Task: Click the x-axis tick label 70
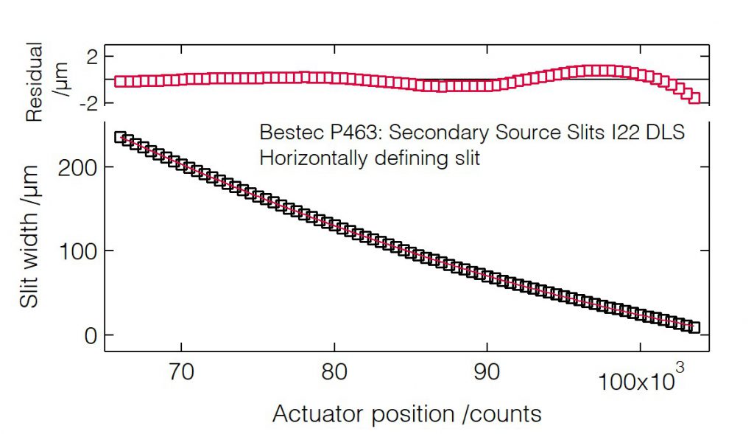click(x=181, y=372)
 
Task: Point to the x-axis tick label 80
click(x=334, y=372)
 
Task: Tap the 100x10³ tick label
click(x=639, y=380)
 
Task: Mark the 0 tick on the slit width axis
click(x=89, y=335)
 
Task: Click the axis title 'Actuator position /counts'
click(x=406, y=414)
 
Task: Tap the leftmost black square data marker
click(x=121, y=137)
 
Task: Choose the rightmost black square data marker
click(x=694, y=327)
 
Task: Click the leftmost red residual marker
click(x=121, y=82)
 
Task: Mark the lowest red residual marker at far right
click(x=694, y=98)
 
